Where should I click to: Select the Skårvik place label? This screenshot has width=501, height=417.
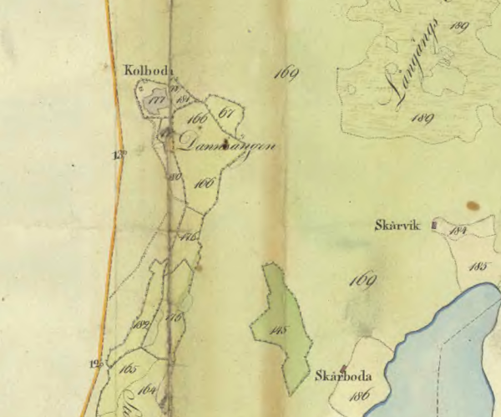coord(399,225)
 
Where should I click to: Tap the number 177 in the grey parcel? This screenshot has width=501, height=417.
coord(154,101)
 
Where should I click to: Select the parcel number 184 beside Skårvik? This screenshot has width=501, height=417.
coord(457,229)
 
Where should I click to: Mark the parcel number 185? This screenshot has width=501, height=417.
coord(478,267)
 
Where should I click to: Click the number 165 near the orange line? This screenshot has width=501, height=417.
coord(128,368)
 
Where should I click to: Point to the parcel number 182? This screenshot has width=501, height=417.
coord(141,324)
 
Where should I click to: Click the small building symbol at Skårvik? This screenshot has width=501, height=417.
coord(433,224)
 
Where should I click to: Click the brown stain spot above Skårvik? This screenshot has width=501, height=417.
coord(473,205)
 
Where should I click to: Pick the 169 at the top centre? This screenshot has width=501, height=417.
coord(286,77)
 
